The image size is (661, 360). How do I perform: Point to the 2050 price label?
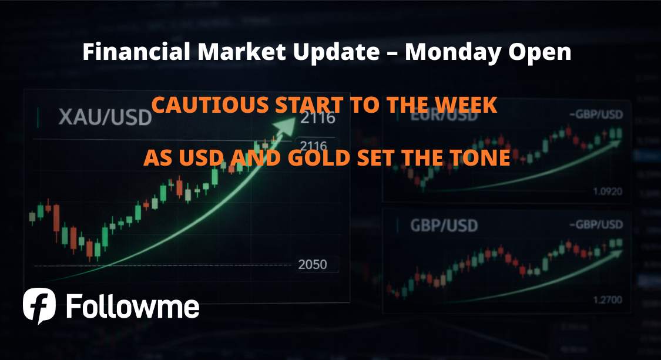(312, 264)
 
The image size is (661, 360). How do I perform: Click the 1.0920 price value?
(607, 191)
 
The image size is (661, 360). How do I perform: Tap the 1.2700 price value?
(607, 300)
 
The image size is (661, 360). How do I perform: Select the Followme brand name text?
(133, 307)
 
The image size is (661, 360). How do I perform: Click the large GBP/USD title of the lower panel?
(437, 225)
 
